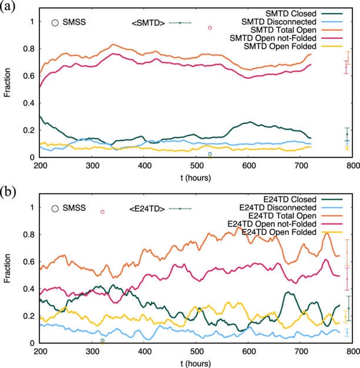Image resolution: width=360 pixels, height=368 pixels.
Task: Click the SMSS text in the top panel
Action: pyautogui.click(x=75, y=23)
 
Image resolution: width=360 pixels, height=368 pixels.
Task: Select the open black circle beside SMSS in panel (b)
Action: pyautogui.click(x=55, y=208)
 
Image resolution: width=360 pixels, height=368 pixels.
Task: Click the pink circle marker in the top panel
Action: pyautogui.click(x=210, y=28)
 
